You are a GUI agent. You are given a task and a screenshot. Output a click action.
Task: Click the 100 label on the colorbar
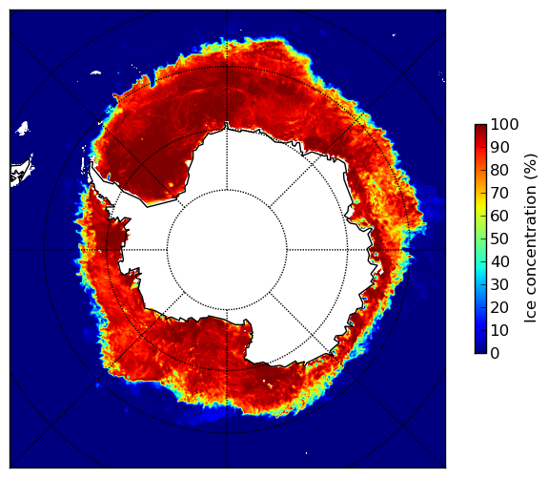pos(504,124)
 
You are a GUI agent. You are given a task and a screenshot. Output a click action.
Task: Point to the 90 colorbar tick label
pos(499,147)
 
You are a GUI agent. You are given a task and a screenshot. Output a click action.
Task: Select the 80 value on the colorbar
pos(499,170)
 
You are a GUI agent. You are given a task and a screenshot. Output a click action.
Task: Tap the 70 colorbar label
pos(499,193)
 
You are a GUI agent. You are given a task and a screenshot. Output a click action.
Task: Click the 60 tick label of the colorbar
pos(499,216)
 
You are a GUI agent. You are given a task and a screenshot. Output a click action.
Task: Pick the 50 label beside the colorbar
pos(499,239)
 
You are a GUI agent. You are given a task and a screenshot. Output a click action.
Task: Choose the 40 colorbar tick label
pos(499,261)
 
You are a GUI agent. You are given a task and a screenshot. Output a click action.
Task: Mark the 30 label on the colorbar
pos(499,285)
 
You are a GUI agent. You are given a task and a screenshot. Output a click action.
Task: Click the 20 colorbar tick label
pos(499,307)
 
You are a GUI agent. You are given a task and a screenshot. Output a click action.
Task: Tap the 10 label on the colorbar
pos(499,331)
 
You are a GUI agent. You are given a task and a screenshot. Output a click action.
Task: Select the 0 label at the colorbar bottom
pos(496,354)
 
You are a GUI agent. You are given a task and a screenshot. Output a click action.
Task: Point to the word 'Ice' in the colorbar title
pos(531,314)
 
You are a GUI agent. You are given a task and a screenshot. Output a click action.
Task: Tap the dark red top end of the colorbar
pos(480,127)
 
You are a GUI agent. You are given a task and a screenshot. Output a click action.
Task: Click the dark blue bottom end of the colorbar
pos(480,351)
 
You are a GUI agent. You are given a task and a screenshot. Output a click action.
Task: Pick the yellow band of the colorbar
pos(480,202)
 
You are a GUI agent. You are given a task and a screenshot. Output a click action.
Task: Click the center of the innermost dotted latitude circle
pos(227,250)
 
